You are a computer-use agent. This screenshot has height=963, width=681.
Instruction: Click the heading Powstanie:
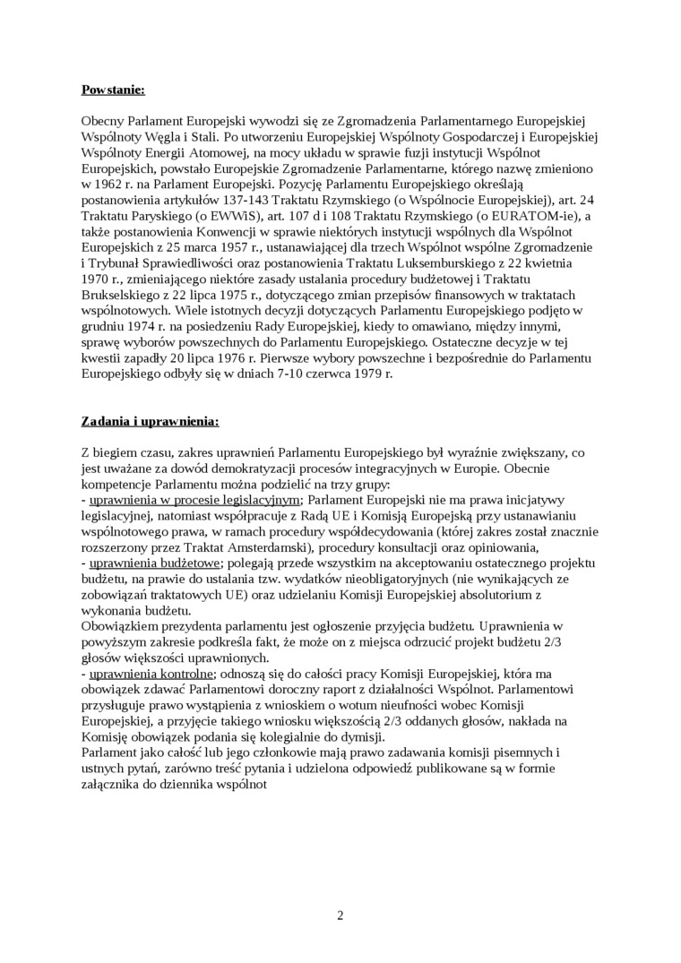point(112,90)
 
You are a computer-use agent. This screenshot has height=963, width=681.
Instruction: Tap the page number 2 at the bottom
point(340,915)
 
